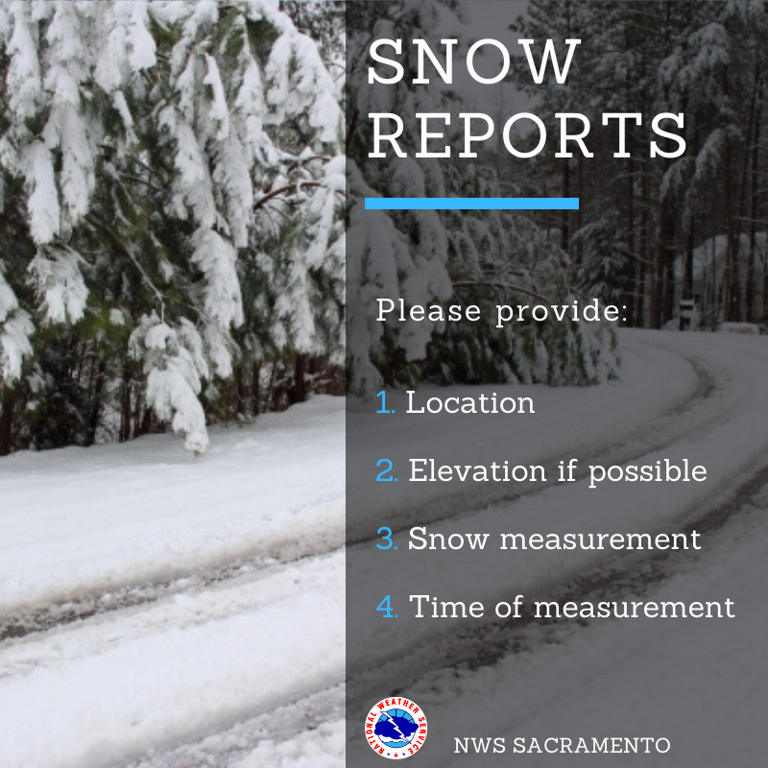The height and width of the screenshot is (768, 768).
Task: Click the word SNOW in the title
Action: (x=474, y=62)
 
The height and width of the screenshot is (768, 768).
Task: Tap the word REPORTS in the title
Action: (x=527, y=135)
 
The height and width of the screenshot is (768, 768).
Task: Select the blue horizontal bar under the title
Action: (x=471, y=204)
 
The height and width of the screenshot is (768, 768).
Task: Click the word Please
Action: (x=428, y=311)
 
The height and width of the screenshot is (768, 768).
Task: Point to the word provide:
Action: (x=562, y=312)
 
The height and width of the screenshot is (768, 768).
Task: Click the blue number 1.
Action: (x=386, y=402)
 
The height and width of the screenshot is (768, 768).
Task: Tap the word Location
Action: (x=470, y=402)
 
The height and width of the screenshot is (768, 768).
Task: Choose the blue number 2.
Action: (x=387, y=470)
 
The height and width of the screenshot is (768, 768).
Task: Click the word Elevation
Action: (x=477, y=470)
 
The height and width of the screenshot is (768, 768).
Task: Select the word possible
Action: (x=647, y=472)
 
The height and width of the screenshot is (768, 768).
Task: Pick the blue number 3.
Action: (x=387, y=539)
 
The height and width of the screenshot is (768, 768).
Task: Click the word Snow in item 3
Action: (x=448, y=539)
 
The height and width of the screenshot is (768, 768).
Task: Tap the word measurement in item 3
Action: (x=601, y=540)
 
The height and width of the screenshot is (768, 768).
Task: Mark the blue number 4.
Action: (x=387, y=607)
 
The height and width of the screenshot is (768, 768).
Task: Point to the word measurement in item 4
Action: (x=635, y=608)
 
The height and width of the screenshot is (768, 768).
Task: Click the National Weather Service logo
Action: (x=396, y=729)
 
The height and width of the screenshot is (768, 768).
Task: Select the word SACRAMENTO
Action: (x=591, y=746)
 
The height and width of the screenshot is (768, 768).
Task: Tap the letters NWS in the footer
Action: (x=479, y=746)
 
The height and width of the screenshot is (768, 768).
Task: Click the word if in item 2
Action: (x=567, y=470)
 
